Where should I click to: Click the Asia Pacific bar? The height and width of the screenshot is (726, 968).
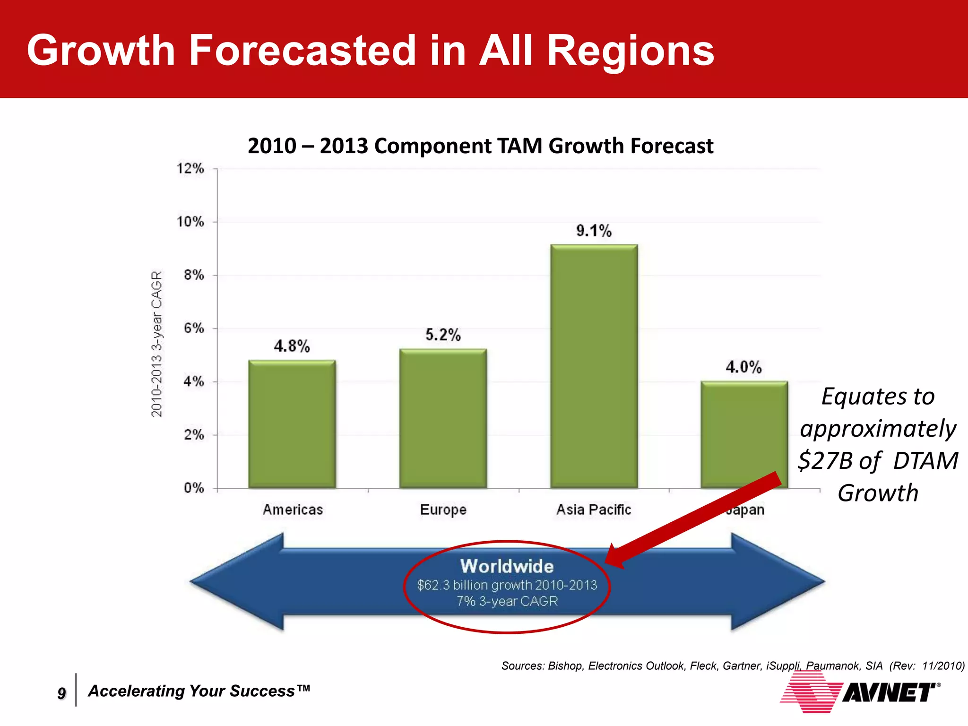(x=594, y=366)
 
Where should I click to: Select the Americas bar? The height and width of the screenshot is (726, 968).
(x=292, y=424)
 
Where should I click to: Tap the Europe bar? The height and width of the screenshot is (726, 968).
(x=443, y=418)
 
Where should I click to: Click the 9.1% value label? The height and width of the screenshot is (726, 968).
(x=594, y=231)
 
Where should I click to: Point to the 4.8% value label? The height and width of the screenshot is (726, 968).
(x=292, y=346)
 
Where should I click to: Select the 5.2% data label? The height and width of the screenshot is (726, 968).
(x=443, y=335)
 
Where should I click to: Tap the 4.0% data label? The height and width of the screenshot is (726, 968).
(x=743, y=367)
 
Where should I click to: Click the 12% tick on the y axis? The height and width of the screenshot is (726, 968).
(x=190, y=169)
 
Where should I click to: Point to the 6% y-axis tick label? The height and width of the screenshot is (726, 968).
(x=194, y=328)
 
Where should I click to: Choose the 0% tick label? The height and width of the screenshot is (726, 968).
(x=194, y=488)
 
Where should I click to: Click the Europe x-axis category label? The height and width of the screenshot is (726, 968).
(x=443, y=510)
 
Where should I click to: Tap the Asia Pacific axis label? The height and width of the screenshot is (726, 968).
(x=594, y=510)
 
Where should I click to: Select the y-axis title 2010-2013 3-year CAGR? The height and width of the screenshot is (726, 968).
(x=157, y=344)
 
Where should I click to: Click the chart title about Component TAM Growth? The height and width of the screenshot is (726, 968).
(x=480, y=146)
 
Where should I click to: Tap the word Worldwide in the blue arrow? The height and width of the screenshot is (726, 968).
(x=507, y=566)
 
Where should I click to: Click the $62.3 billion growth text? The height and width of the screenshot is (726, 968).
(x=507, y=586)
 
